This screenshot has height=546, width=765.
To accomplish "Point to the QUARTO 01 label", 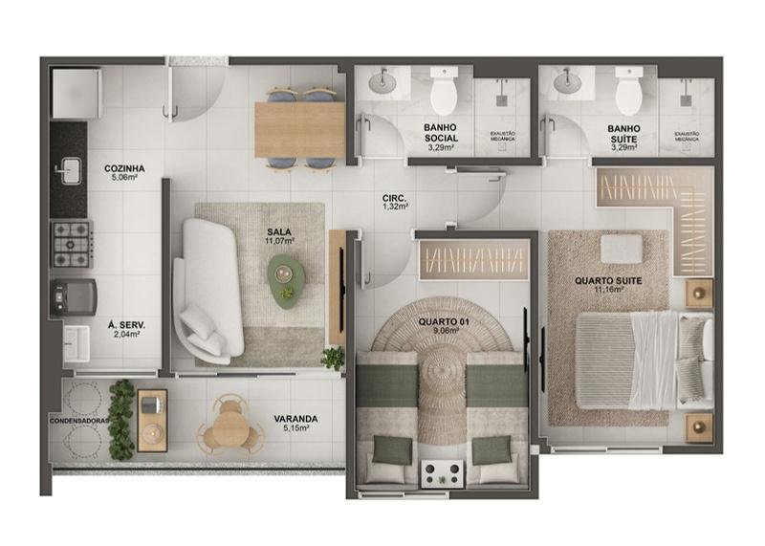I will click(444, 326).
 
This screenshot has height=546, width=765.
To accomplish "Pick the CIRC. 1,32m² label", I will click(395, 201).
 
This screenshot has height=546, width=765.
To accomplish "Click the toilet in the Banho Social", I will click(444, 94).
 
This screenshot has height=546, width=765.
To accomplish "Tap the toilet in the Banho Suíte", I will click(628, 94).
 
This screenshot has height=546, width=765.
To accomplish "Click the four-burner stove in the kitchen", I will click(71, 243).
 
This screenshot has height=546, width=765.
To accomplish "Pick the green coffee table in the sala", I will click(286, 280).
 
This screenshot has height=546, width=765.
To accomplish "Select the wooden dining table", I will click(299, 129).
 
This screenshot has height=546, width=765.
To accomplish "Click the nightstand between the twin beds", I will click(444, 471).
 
